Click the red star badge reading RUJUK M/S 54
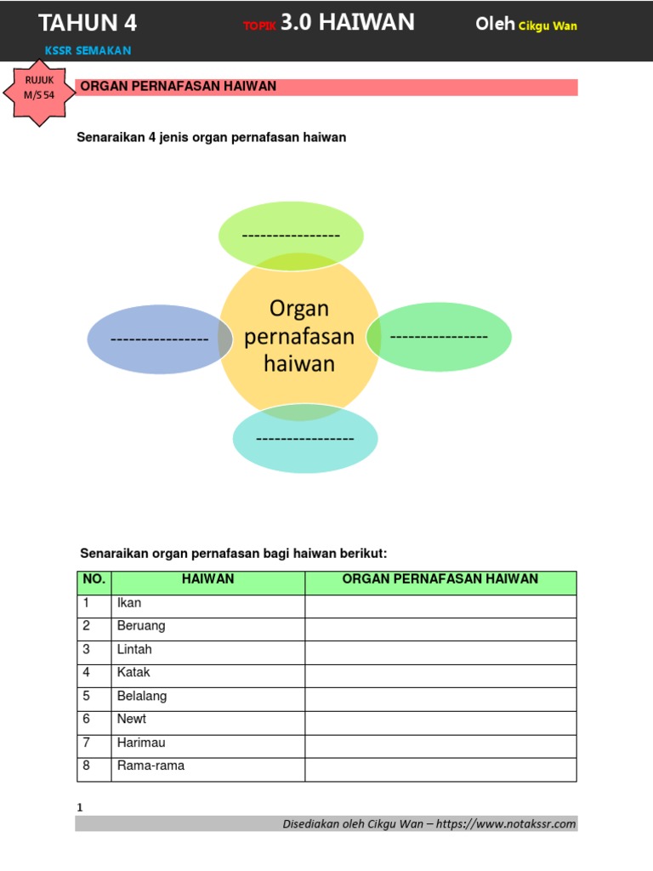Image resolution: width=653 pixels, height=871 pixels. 39,89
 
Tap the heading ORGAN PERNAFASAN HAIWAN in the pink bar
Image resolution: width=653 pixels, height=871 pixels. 178,87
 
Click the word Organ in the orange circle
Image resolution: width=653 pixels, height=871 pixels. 298,308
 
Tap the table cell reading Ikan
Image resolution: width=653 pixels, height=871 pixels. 129,603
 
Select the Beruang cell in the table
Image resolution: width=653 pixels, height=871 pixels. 141,626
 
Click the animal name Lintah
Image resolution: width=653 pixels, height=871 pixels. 134,649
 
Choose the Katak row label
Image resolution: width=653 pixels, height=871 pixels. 133,672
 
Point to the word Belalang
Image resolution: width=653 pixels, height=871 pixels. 142,696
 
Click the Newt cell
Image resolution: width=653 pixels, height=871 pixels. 132,719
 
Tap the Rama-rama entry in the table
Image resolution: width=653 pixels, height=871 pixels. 150,766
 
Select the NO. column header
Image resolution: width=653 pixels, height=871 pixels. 94,579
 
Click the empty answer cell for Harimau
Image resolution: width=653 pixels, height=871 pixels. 440,743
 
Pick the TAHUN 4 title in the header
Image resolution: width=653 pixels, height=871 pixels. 88,23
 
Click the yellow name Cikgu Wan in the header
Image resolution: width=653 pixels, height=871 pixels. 548,26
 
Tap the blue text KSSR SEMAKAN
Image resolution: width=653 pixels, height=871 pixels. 88,51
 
